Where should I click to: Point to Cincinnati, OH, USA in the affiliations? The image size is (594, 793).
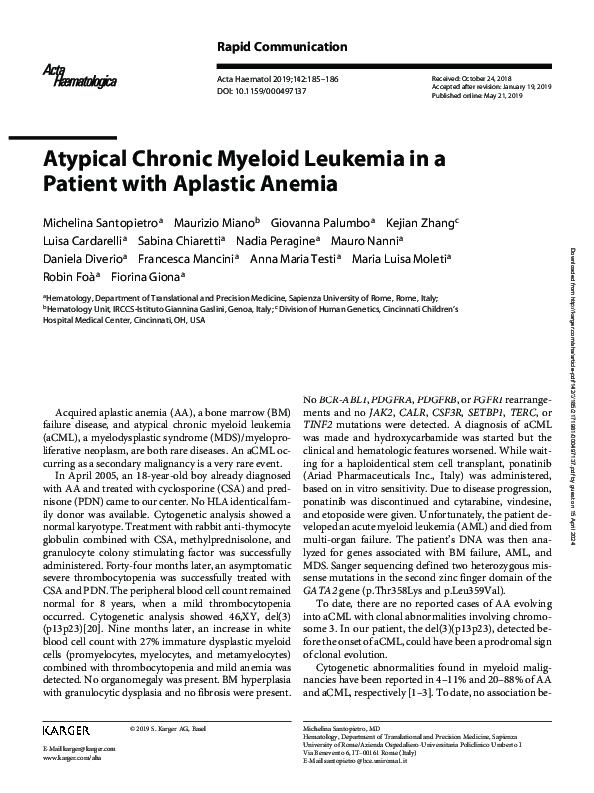tap(157, 319)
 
